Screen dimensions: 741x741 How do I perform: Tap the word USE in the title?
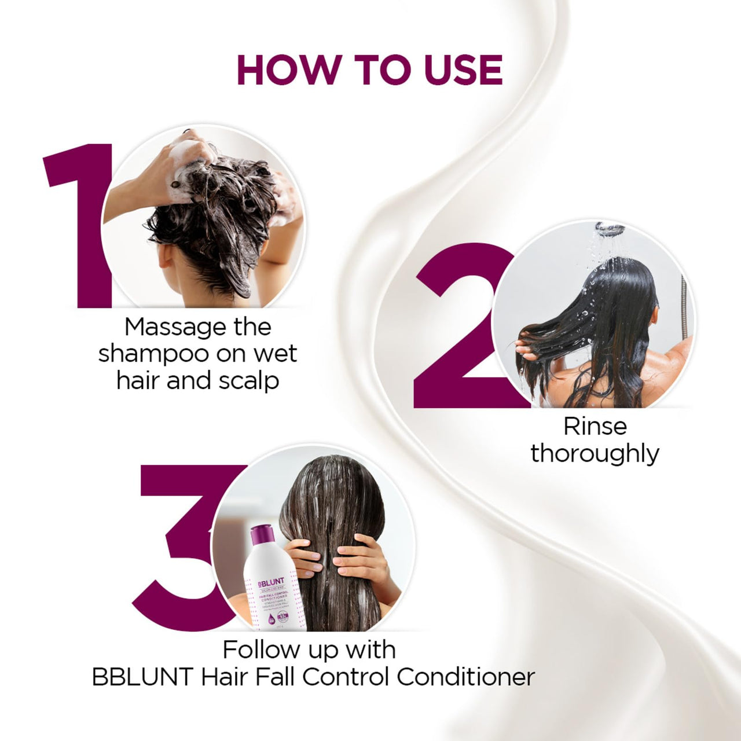(x=463, y=70)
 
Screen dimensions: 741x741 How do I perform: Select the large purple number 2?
(x=457, y=330)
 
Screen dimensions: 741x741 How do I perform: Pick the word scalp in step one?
(x=248, y=381)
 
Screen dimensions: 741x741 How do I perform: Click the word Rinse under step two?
(x=595, y=427)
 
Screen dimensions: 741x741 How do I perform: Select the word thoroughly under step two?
(x=595, y=454)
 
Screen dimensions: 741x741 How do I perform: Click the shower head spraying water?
(x=609, y=229)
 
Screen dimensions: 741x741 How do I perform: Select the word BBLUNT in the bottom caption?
(x=142, y=677)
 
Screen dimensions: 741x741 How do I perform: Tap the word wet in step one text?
(x=275, y=354)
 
